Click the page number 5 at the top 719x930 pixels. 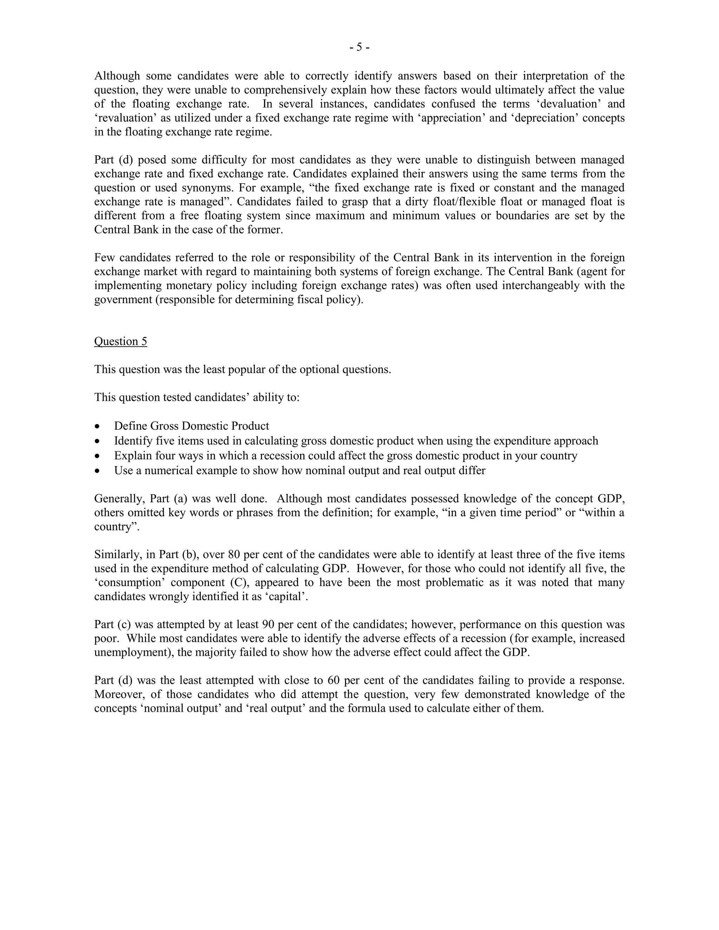tap(359, 47)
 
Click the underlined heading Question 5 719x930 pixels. tap(120, 341)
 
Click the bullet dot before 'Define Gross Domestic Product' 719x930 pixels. tap(98, 426)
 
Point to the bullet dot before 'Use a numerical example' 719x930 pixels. tap(98, 471)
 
